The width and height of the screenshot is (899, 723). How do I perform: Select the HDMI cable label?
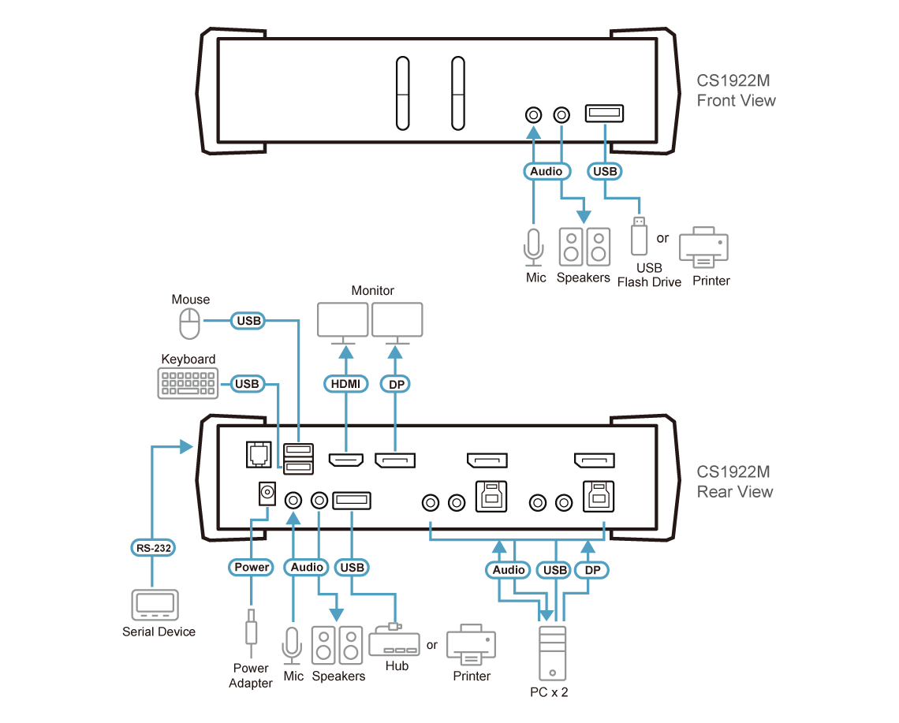pos(345,384)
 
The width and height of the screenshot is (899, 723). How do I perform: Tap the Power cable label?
pos(252,567)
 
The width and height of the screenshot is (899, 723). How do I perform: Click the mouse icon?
pos(188,324)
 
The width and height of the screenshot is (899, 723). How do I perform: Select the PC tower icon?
pos(553,652)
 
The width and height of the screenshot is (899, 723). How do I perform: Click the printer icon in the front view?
pos(703,248)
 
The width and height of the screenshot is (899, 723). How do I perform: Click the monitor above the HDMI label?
pos(343,321)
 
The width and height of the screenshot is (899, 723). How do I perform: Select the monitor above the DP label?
pos(397,321)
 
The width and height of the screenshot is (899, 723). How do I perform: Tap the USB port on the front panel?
pos(603,115)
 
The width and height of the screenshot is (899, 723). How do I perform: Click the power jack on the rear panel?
pos(267,494)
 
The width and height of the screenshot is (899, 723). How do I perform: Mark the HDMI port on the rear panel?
pos(345,461)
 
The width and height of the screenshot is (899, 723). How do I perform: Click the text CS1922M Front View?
pos(735,91)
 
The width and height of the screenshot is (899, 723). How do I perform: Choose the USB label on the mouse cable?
pos(247,321)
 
